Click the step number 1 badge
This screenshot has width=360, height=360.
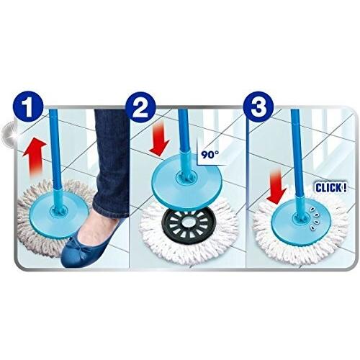click(x=28, y=107)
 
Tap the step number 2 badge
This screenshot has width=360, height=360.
click(x=140, y=107)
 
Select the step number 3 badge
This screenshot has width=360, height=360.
click(x=258, y=107)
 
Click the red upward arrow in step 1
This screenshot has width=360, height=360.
click(x=35, y=158)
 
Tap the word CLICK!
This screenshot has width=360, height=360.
click(x=331, y=187)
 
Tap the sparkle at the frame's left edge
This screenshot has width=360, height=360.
click(x=10, y=134)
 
